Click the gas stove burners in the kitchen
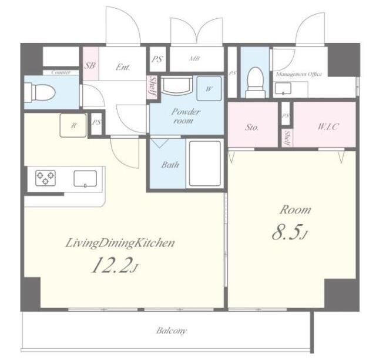(x=46, y=178)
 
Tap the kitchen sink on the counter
(x=85, y=178)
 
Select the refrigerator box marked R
(x=73, y=125)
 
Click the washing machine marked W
(x=209, y=89)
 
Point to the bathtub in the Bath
(x=204, y=165)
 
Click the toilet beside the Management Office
(x=256, y=82)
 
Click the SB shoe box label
(x=90, y=65)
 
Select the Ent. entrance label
(x=123, y=67)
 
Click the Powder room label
(x=186, y=116)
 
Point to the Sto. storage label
(x=251, y=127)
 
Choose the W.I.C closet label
(x=328, y=126)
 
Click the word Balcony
(x=172, y=331)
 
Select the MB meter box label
(x=194, y=58)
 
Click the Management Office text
(x=299, y=74)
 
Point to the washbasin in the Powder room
(x=177, y=85)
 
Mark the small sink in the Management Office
(x=283, y=88)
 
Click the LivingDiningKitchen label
(x=120, y=243)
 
